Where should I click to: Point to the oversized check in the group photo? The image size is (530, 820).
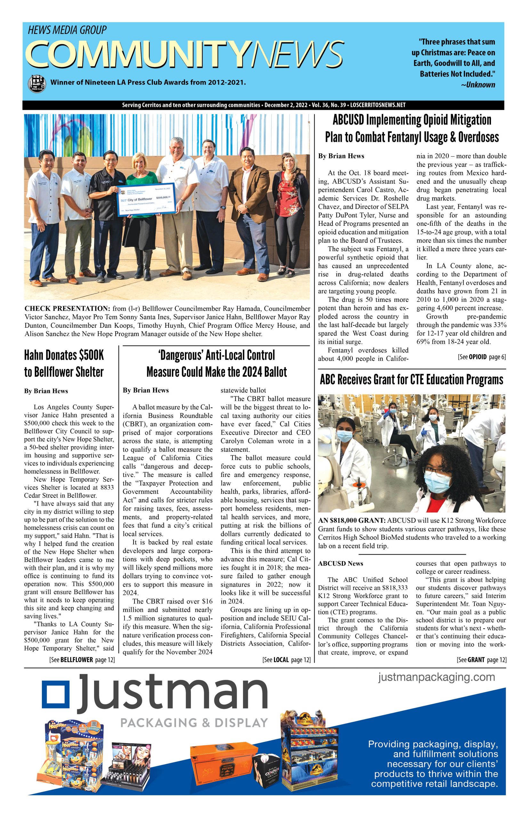coord(147,201)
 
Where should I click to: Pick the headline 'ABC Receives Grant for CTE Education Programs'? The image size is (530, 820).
coord(411,380)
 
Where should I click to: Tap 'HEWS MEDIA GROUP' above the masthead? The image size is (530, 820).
coord(67,30)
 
